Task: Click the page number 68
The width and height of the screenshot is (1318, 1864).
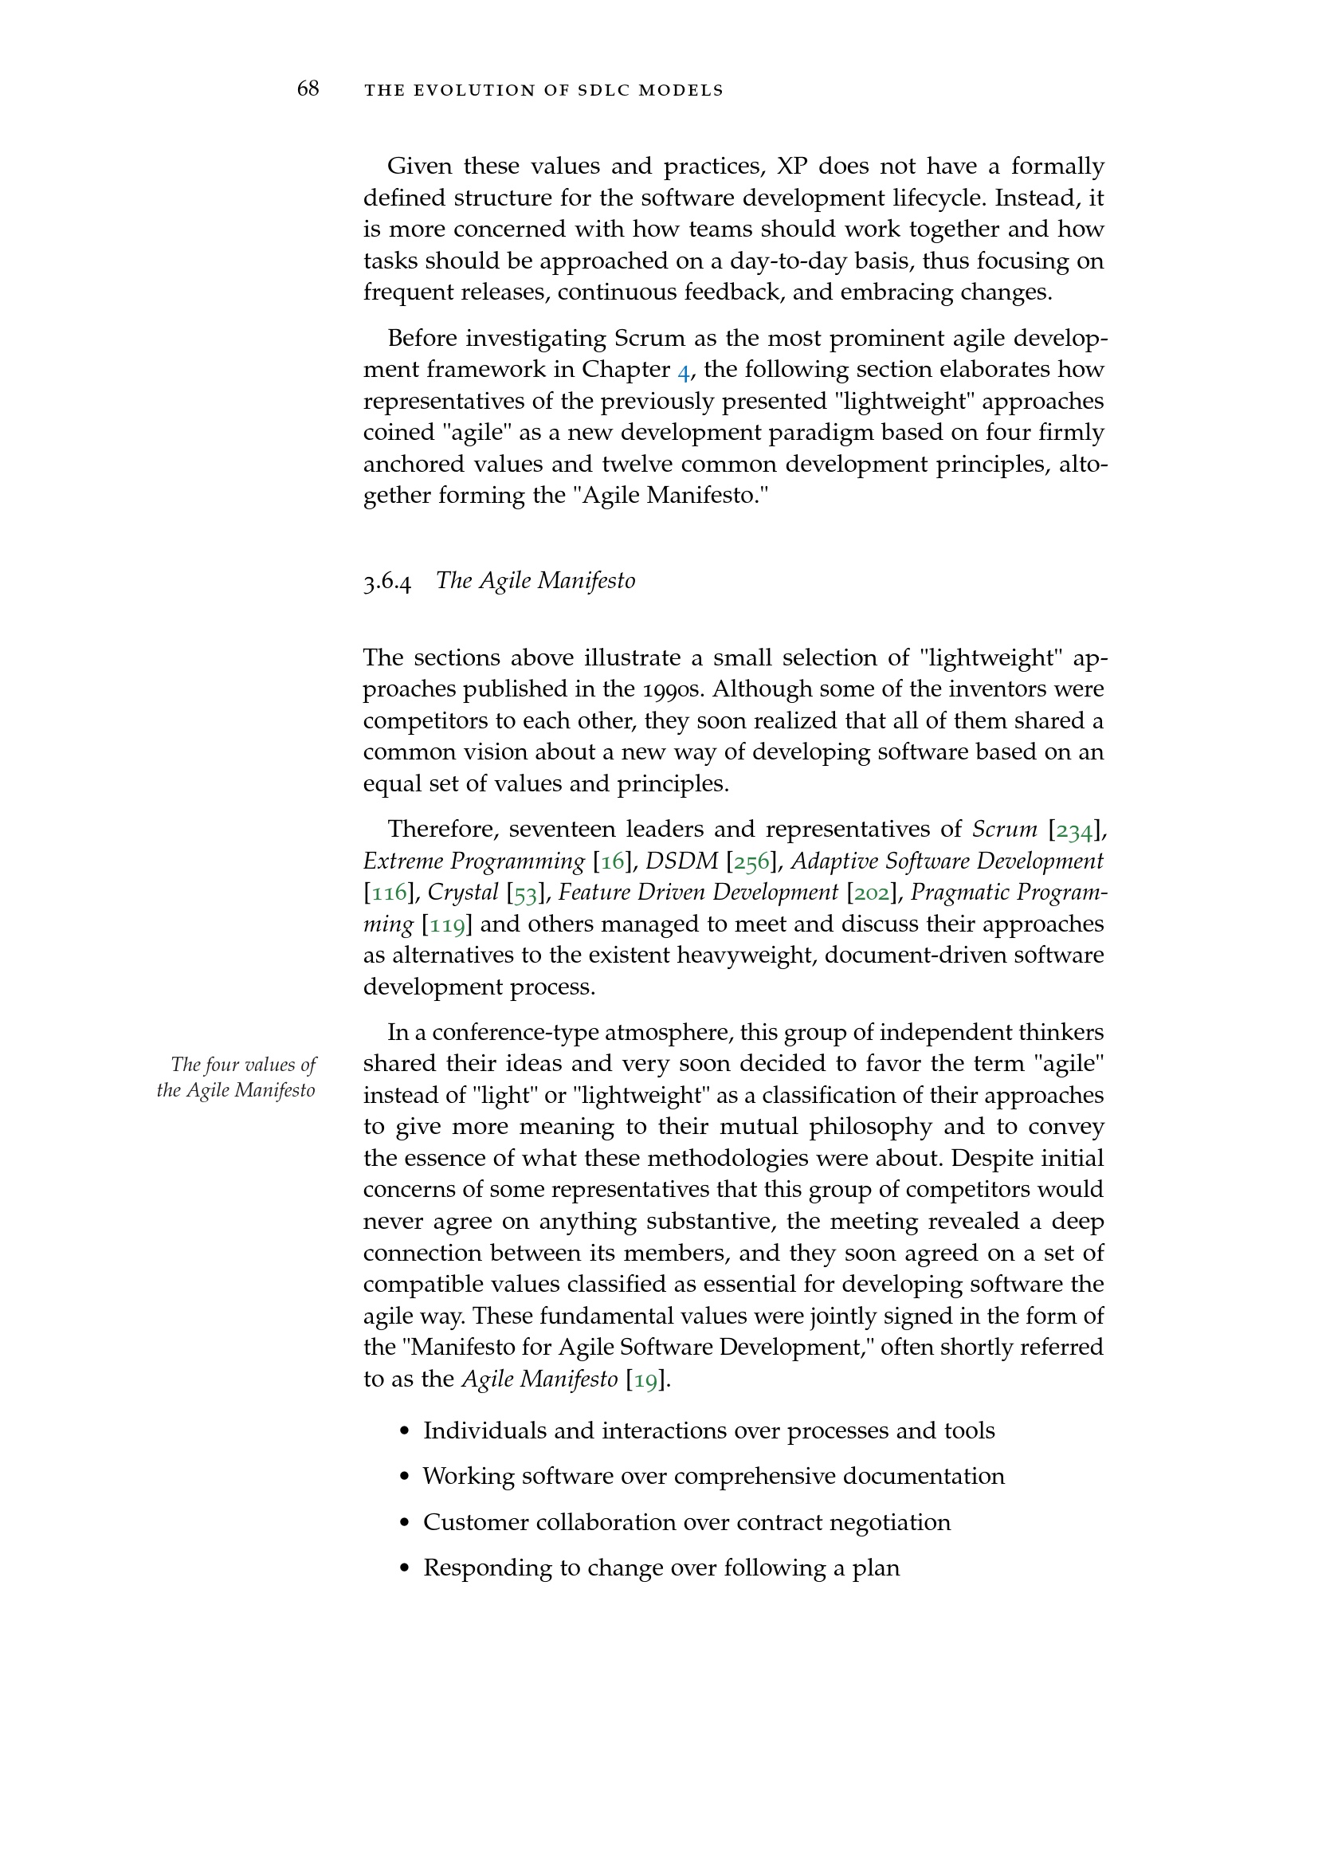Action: coord(308,88)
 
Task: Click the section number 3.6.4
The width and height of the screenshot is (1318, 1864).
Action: coord(387,581)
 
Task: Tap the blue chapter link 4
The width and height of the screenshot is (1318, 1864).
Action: coord(684,371)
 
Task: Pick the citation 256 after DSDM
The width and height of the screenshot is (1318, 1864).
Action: coord(751,861)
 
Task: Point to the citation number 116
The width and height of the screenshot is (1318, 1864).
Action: coord(388,893)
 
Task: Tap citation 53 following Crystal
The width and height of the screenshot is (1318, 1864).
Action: coord(526,893)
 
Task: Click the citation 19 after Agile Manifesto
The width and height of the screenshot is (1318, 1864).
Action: coord(645,1379)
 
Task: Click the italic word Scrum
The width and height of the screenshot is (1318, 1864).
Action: coord(1005,830)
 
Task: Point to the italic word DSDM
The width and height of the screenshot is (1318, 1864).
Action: coord(682,861)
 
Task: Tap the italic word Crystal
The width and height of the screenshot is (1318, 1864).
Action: coord(463,893)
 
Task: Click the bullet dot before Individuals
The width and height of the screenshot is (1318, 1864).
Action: coord(405,1431)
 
